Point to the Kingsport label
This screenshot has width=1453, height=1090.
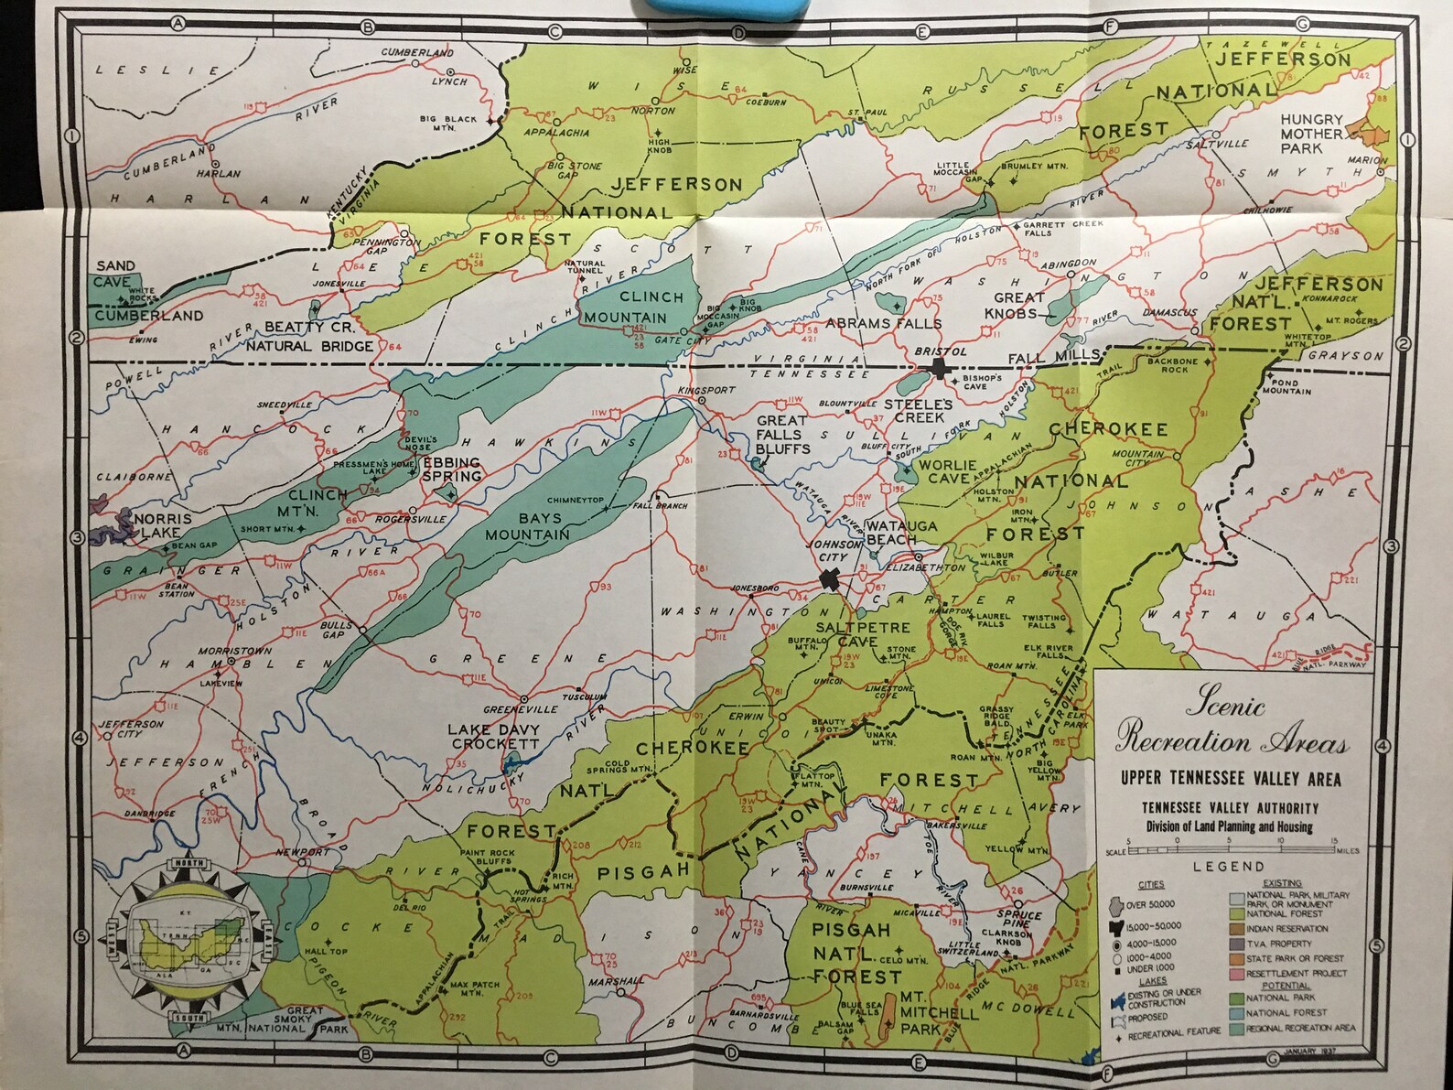(705, 391)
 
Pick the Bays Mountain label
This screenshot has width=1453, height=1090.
(527, 527)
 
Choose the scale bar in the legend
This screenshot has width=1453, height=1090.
(1230, 850)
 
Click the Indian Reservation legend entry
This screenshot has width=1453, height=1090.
(1286, 928)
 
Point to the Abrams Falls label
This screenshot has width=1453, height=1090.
(883, 323)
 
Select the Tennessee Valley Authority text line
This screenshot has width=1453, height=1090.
(1230, 808)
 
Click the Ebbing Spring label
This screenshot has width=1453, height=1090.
(451, 469)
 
